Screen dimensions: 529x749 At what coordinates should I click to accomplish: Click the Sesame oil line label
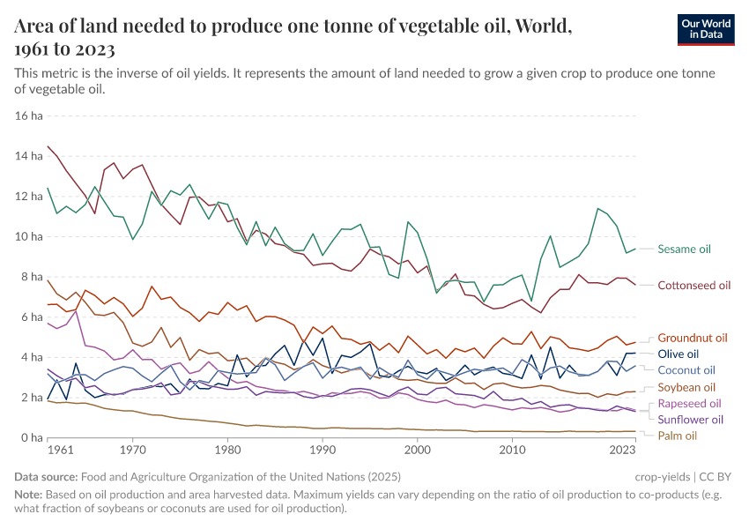684,250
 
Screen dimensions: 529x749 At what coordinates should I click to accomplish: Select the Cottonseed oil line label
694,286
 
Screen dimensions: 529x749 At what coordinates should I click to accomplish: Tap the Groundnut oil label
693,338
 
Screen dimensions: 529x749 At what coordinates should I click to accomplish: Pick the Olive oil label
679,354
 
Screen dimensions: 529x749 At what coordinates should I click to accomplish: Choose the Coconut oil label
686,370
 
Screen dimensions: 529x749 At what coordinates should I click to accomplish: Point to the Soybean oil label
686,387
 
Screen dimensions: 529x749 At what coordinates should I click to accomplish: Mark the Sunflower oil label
691,420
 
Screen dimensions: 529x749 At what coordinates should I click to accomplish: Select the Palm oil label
678,436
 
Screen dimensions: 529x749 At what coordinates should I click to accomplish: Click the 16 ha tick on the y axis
29,115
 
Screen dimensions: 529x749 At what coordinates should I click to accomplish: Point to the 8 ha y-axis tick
32,277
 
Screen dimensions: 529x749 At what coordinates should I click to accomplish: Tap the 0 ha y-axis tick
32,438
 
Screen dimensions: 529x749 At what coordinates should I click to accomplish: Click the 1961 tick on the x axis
61,450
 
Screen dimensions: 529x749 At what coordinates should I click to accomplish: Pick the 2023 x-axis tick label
623,450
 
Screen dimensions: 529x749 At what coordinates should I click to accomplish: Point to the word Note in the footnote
28,495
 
